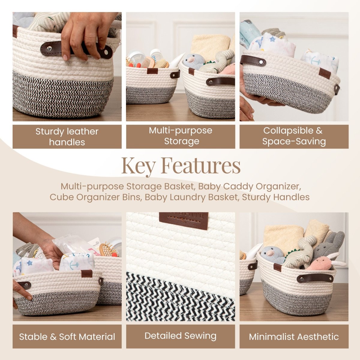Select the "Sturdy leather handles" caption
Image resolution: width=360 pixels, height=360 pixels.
[x=67, y=136]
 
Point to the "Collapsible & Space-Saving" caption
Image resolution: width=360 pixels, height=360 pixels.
[x=294, y=136]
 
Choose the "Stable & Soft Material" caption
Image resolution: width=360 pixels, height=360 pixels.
[x=67, y=337]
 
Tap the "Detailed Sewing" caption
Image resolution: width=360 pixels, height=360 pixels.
[x=180, y=336]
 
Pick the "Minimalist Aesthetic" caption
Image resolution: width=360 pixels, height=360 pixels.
[x=294, y=337]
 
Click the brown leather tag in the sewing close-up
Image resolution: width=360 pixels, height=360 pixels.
[x=184, y=220]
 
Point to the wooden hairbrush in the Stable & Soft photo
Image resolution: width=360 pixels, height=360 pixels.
[x=106, y=249]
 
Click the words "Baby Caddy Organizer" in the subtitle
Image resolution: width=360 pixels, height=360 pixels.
[x=247, y=186]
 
